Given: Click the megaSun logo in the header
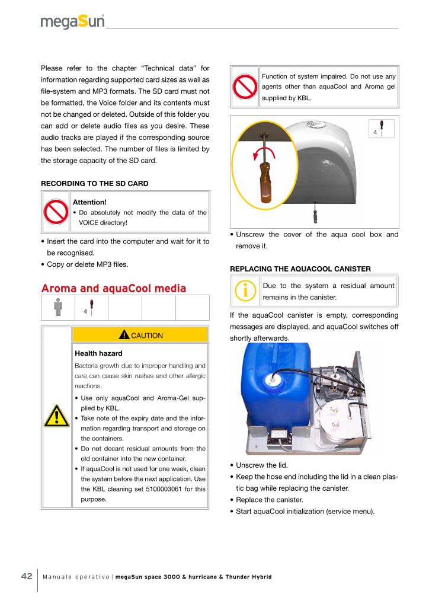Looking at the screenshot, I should tap(72, 23).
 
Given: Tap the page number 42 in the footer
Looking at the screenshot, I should tap(27, 577).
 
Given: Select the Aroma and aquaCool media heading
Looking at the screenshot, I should tap(113, 288).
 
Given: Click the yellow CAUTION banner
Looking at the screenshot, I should tap(140, 336).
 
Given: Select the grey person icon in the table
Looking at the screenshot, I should tap(57, 308).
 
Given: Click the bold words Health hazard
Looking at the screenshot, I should tap(98, 353).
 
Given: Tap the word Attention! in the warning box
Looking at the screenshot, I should tap(89, 202).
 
